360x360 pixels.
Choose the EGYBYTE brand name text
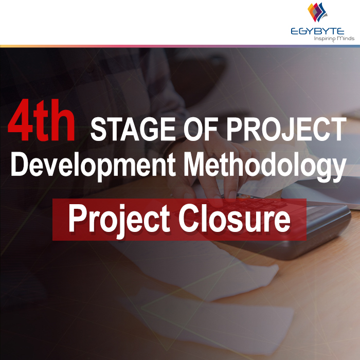point(320,31)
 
